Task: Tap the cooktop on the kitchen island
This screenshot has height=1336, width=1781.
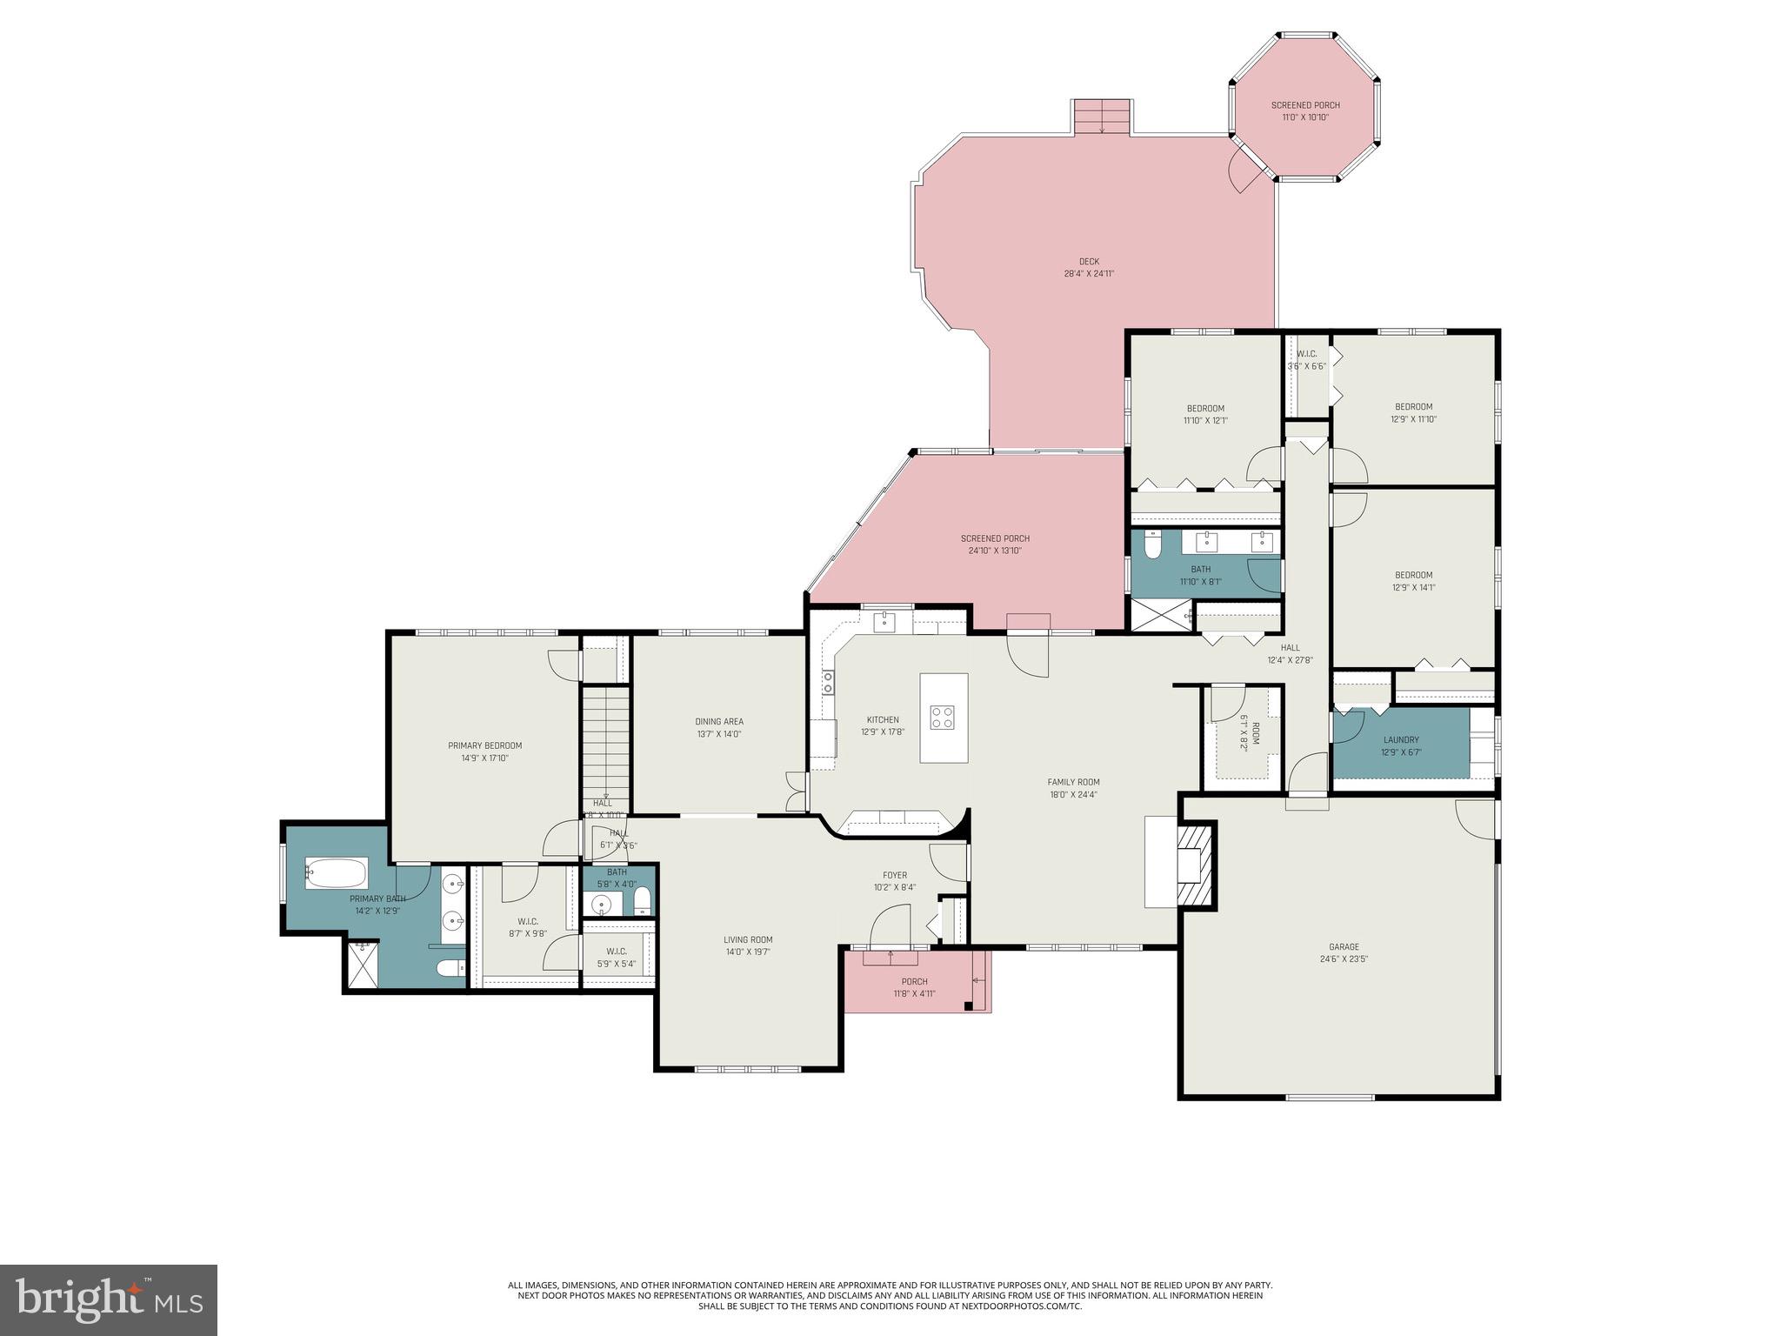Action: [944, 718]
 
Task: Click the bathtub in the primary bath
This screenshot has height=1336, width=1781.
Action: [336, 873]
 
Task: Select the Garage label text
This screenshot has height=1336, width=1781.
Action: [1344, 947]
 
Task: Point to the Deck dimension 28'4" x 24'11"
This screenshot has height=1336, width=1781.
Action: [1089, 273]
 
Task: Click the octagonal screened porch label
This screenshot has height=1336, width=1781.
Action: [1305, 105]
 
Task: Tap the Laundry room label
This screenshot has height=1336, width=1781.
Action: [1401, 740]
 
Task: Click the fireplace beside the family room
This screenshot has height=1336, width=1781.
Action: [1192, 865]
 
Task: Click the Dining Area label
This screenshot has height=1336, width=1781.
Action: [719, 721]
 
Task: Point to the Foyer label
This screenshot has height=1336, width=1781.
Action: [895, 875]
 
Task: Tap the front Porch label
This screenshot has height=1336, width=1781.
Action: [915, 981]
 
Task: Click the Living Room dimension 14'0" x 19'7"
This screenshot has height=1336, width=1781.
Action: [748, 952]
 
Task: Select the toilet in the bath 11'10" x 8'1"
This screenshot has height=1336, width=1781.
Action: [1152, 546]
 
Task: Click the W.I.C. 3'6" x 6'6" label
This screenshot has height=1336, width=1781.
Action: [1306, 354]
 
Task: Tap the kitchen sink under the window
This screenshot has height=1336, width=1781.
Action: [884, 620]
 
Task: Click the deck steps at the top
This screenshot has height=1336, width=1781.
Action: [1102, 117]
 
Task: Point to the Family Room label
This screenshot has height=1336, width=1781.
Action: [1073, 782]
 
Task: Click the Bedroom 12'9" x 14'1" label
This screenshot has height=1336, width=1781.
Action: [1413, 575]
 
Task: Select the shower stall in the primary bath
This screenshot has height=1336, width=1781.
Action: [362, 965]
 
